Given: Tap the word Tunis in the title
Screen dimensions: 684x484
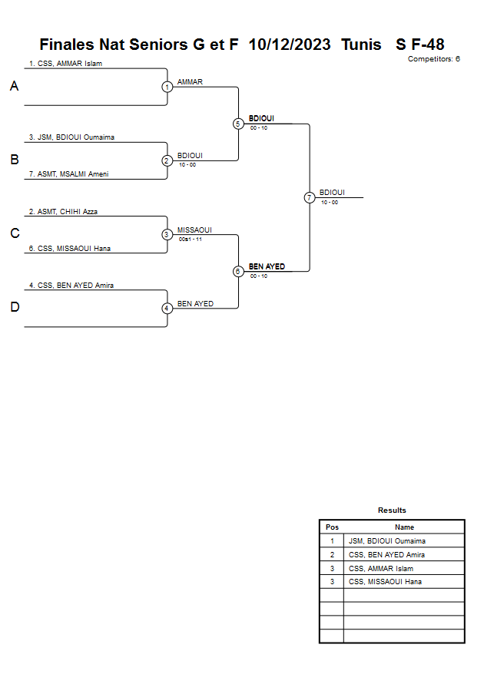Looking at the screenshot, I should coord(361,45).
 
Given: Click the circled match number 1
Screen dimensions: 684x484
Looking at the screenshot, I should coord(167,87).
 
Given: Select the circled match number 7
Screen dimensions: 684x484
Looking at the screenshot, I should coord(310,197).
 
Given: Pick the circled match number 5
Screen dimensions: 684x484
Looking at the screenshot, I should coord(238,124).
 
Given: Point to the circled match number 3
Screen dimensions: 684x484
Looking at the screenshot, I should coord(167,234).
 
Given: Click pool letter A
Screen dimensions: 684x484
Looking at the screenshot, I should coord(14,87).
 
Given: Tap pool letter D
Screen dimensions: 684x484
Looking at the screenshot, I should coord(14,308).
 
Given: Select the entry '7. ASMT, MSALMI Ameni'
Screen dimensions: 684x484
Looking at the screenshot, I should coord(69,174).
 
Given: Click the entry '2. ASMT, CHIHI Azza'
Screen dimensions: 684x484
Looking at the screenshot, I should coord(63,211).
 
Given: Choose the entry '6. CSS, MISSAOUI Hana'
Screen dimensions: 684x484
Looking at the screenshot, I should coord(71,248).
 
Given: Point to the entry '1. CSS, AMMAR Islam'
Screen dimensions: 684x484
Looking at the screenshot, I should coord(65,64).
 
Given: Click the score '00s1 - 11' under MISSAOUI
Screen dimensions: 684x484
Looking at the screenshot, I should coord(190,240).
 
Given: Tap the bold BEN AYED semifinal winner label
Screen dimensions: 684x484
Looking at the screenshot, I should coord(267,266).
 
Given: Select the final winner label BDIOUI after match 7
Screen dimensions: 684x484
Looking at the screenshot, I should coord(332,193).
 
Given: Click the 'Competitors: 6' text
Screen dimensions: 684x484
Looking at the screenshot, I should coord(433,58).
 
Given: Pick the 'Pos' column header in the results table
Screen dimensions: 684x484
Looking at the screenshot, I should coord(332,527).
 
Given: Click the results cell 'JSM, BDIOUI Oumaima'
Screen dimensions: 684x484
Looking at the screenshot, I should coord(387,541).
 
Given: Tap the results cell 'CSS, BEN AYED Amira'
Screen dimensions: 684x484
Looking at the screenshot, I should coord(386,554).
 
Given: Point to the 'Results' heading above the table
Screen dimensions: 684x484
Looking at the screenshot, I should coord(392,511).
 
